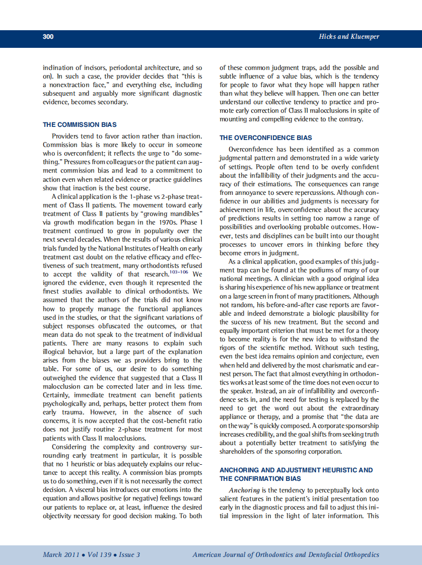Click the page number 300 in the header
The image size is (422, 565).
(48, 36)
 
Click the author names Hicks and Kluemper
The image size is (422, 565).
(349, 36)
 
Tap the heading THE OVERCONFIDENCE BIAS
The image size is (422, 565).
(265, 137)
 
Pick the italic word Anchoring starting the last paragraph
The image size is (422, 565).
(244, 490)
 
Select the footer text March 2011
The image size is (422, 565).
(59, 554)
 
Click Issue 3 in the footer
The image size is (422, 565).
(129, 554)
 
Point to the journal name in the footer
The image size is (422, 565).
(286, 554)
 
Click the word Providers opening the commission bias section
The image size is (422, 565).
(66, 136)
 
